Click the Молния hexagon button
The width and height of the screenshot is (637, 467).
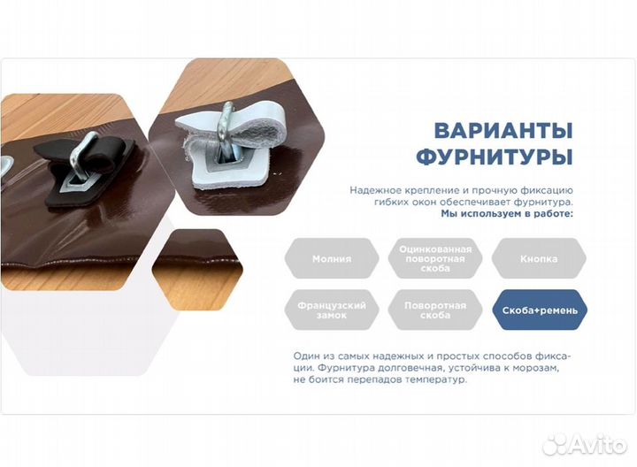point(332,259)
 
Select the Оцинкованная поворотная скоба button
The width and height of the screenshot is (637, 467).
point(435,258)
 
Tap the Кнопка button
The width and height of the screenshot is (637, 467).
point(539,259)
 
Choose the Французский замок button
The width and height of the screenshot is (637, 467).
point(332,310)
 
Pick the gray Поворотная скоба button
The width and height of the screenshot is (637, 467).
point(435,310)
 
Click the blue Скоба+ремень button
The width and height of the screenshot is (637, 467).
point(539,310)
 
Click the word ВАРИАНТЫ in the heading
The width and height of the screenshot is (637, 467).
point(503,131)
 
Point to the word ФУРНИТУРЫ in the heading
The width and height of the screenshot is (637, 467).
point(494,157)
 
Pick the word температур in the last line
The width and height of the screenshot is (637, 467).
point(433,379)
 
